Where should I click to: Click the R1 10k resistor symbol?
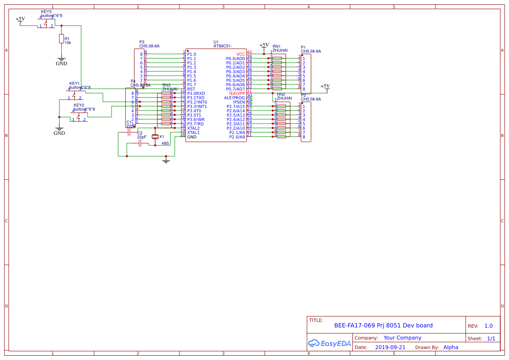[61, 39]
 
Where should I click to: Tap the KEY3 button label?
[46, 11]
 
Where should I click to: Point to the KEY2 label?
[79, 105]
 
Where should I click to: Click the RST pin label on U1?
[191, 89]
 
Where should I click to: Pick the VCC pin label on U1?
[240, 54]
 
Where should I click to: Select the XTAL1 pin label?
[193, 132]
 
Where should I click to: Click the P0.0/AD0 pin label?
[235, 58]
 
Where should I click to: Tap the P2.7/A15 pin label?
[236, 106]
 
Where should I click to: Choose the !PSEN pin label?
[239, 102]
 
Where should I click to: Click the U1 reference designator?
[216, 42]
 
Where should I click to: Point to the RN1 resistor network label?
[276, 46]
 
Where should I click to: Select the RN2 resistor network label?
[281, 94]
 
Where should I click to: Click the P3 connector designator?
[142, 42]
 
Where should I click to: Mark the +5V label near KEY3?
[20, 19]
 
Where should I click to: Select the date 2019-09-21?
[390, 347]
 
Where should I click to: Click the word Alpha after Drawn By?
[451, 347]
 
